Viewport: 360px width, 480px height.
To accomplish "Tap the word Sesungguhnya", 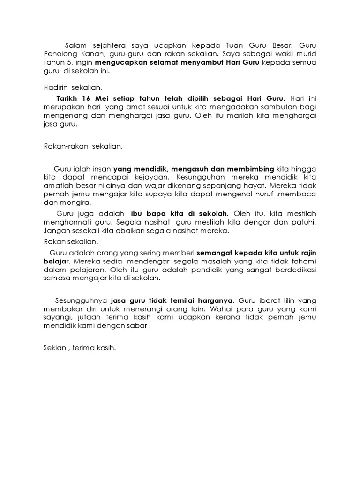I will coord(79,300).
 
